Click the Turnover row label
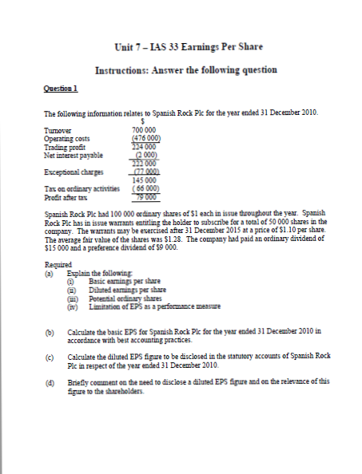pos(60,128)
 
